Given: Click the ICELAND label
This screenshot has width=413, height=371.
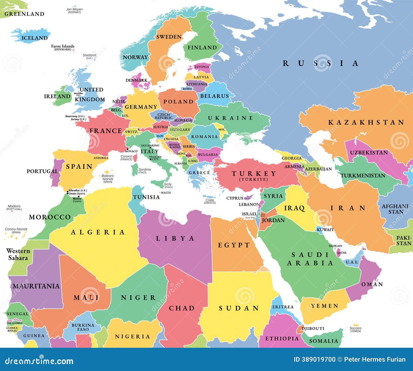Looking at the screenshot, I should click(35, 38).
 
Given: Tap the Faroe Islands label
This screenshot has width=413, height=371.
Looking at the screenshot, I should click(62, 47).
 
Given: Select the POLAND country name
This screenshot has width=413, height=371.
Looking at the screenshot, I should click(178, 102).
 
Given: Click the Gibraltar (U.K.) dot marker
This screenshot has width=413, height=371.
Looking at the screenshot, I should click(67, 191).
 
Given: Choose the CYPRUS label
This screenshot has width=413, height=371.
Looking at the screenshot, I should click(235, 198).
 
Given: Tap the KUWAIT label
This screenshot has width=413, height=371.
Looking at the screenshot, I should click(325, 230).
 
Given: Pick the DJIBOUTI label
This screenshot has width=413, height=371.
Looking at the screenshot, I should click(313, 328).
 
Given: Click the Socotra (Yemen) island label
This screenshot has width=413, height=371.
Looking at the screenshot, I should click(355, 329).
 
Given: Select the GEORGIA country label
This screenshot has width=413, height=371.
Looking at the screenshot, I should click(292, 158).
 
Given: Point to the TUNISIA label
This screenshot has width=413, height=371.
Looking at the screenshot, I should click(146, 197).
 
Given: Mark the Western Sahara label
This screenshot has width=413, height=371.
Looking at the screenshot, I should click(18, 254).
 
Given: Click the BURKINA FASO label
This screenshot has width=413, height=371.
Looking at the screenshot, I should click(83, 327).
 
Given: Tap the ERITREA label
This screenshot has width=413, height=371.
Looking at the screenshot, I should click(283, 307).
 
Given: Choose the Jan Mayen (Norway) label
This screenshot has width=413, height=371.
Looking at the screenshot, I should click(74, 11).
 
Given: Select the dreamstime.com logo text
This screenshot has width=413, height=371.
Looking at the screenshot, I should click(39, 360).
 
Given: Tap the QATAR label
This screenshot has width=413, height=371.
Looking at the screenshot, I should click(341, 253).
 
